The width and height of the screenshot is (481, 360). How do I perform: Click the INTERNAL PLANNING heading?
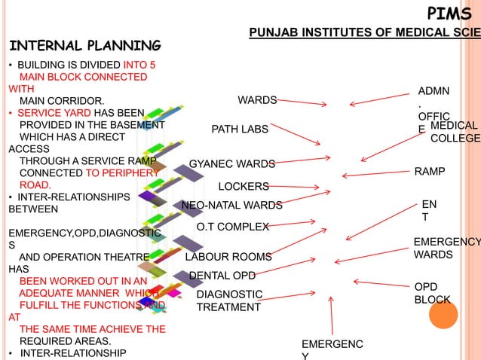coord(84,46)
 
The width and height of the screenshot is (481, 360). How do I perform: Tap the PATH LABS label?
coord(239,130)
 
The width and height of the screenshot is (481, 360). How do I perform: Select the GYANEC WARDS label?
coord(231,163)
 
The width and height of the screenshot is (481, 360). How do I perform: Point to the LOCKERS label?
coord(243,186)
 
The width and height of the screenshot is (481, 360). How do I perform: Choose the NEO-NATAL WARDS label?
coord(231,205)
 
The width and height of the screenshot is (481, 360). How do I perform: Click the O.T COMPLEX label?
coord(232,227)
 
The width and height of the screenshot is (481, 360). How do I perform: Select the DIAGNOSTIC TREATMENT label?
coord(229,301)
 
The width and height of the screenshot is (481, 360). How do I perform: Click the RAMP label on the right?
coord(430,172)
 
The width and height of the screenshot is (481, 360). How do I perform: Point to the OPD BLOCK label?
coord(432,294)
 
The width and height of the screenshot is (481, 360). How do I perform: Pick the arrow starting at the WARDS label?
coord(302,102)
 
